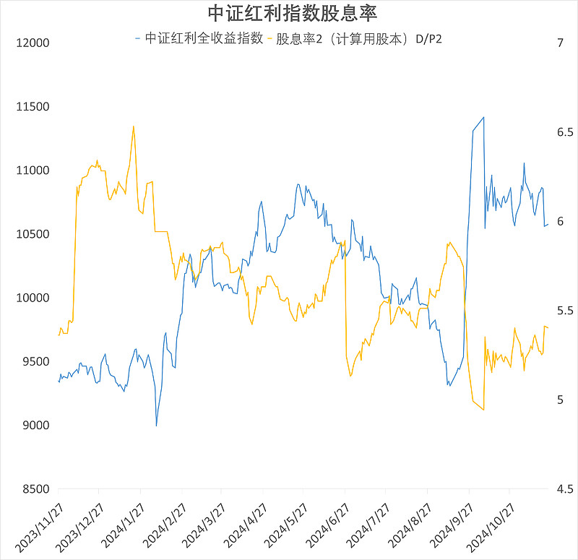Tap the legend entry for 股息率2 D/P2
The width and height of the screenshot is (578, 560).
[358, 38]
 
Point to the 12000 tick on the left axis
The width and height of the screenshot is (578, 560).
[33, 43]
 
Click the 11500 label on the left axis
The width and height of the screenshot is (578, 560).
[33, 107]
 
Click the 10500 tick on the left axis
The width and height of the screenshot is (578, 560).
[33, 234]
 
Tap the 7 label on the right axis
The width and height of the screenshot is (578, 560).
[560, 43]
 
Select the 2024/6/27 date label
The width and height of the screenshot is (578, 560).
[327, 526]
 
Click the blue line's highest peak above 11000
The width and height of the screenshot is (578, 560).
[483, 116]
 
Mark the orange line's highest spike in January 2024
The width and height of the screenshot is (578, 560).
[134, 126]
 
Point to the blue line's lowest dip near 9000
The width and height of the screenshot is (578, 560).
[156, 426]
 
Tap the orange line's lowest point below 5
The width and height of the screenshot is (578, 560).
[483, 410]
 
